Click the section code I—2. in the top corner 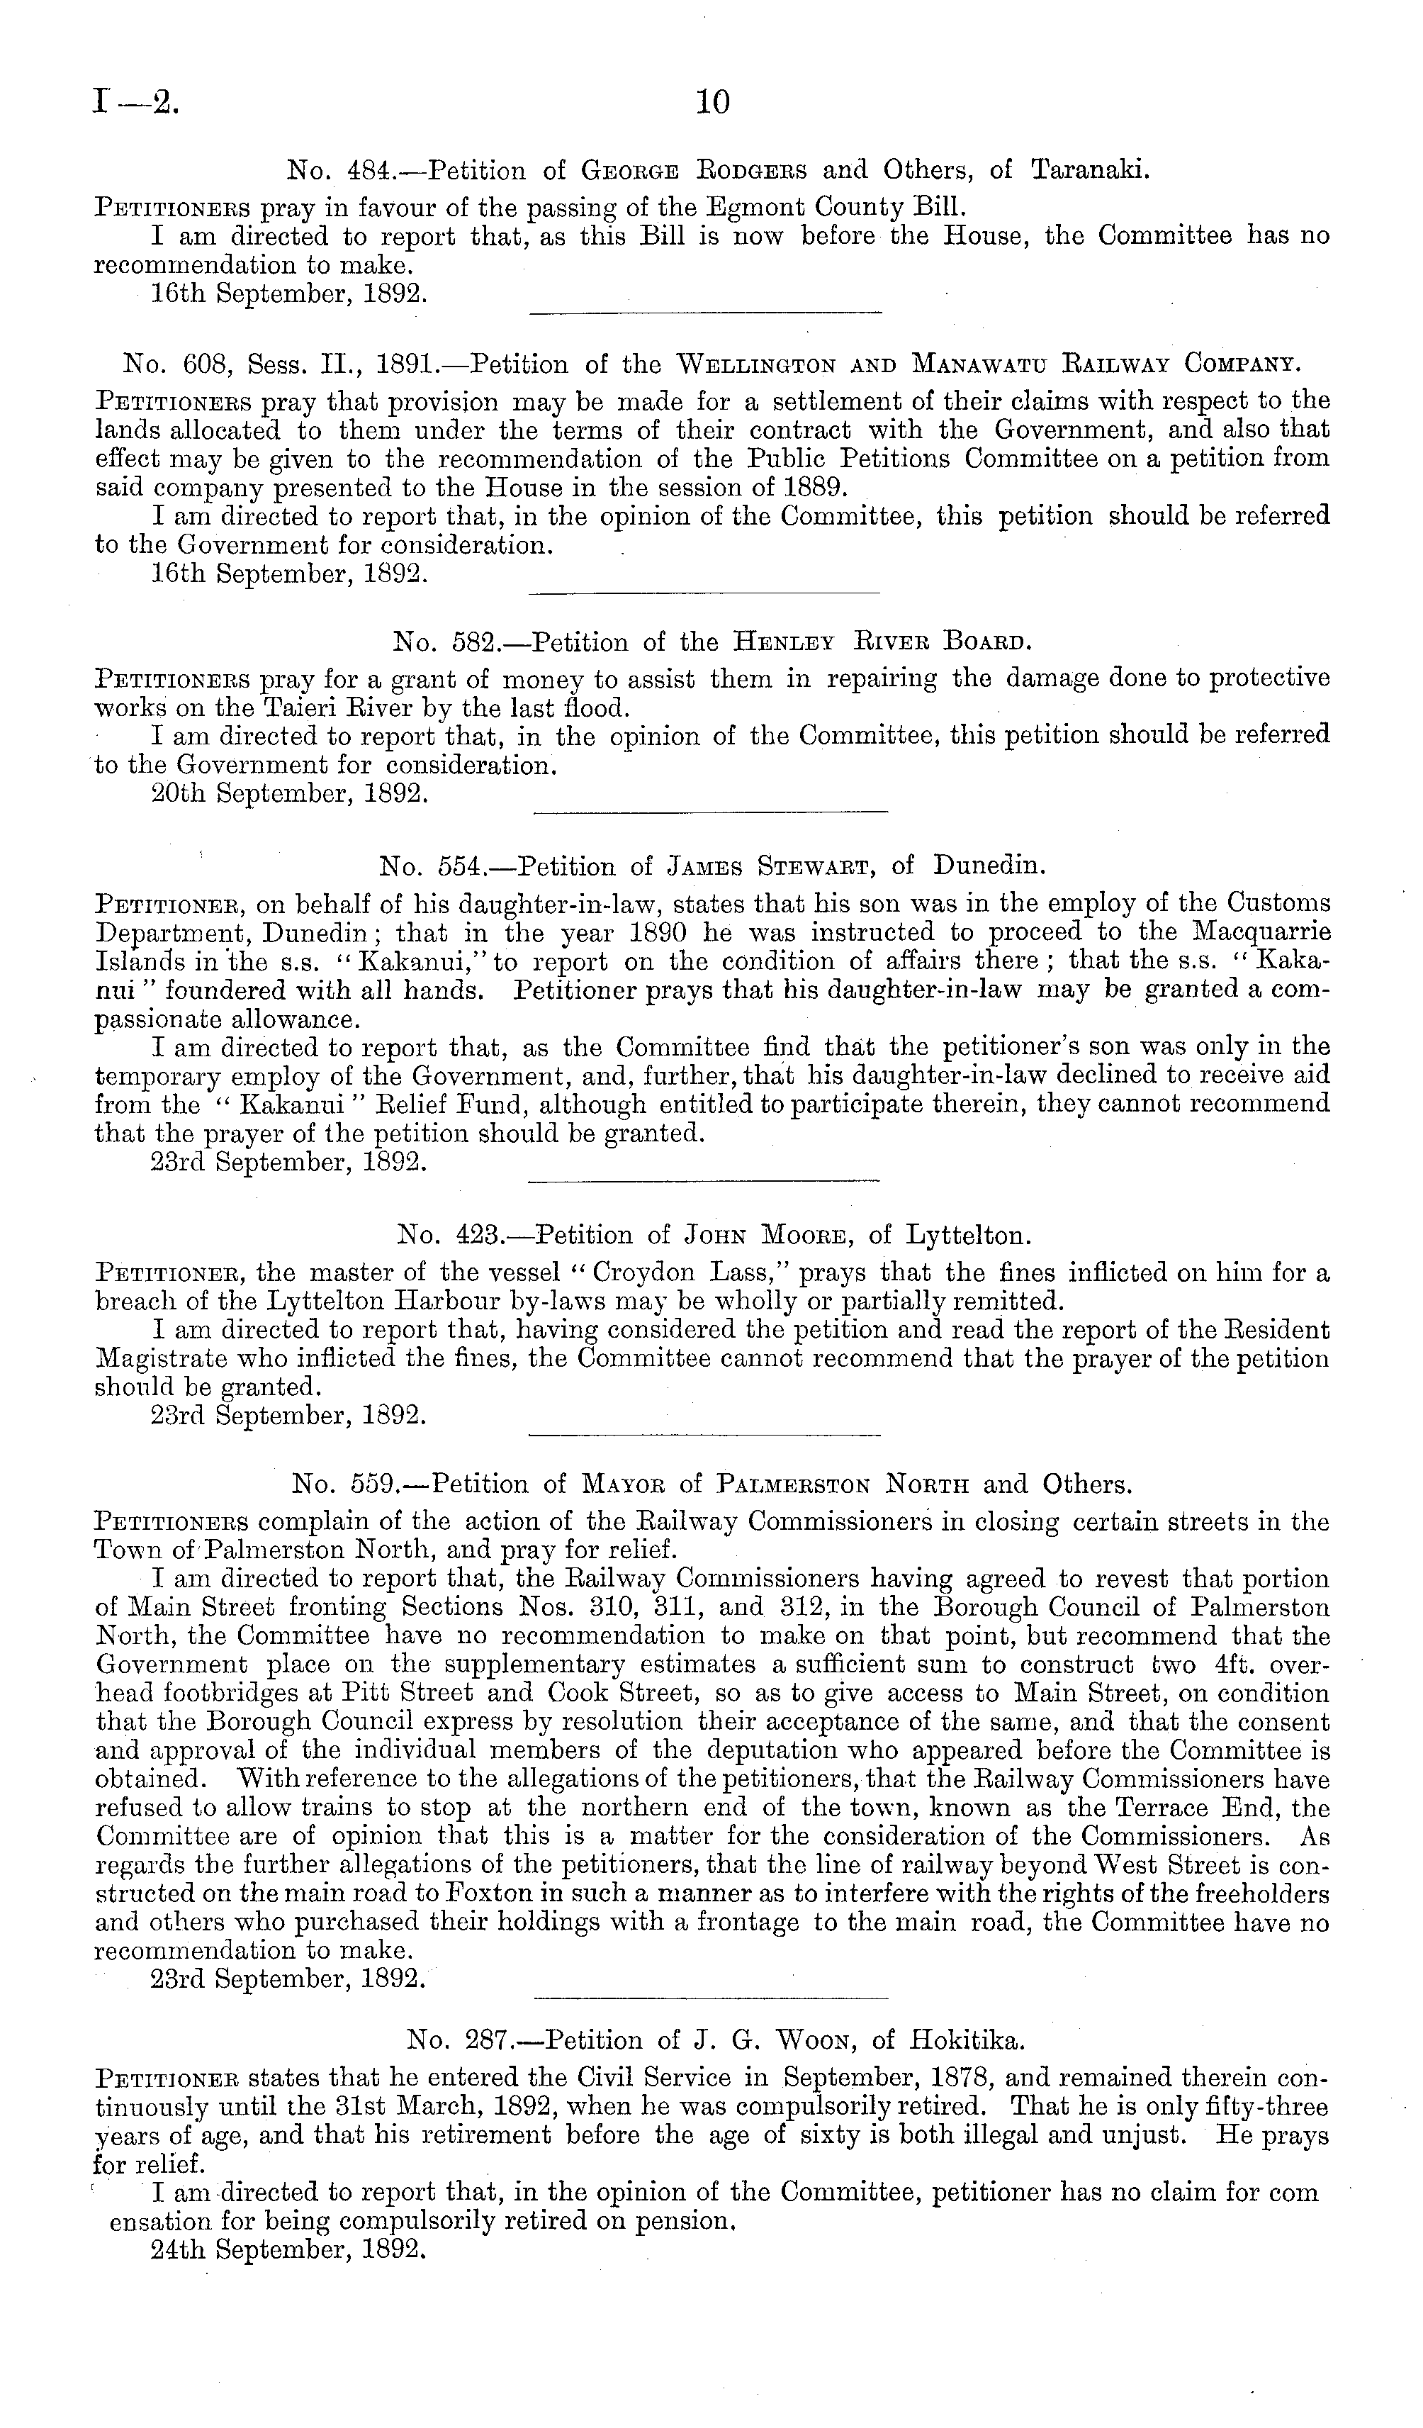pyautogui.click(x=135, y=102)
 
